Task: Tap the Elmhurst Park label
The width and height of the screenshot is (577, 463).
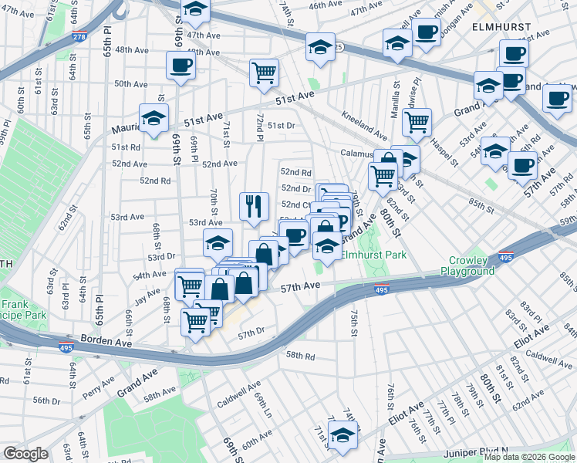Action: tap(375, 254)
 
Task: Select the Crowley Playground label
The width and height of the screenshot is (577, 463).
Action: tap(467, 266)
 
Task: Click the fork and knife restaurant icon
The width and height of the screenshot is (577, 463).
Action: tap(254, 206)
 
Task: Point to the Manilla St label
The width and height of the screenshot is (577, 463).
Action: tap(397, 101)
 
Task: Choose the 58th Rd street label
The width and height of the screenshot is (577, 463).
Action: tap(301, 357)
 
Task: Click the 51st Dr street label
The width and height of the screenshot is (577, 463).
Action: tap(281, 125)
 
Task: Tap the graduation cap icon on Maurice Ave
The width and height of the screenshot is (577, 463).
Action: tap(154, 119)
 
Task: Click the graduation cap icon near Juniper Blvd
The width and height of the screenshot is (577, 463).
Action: tap(342, 434)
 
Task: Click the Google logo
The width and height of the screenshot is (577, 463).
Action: tap(26, 454)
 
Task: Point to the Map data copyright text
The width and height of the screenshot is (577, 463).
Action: tap(528, 457)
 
